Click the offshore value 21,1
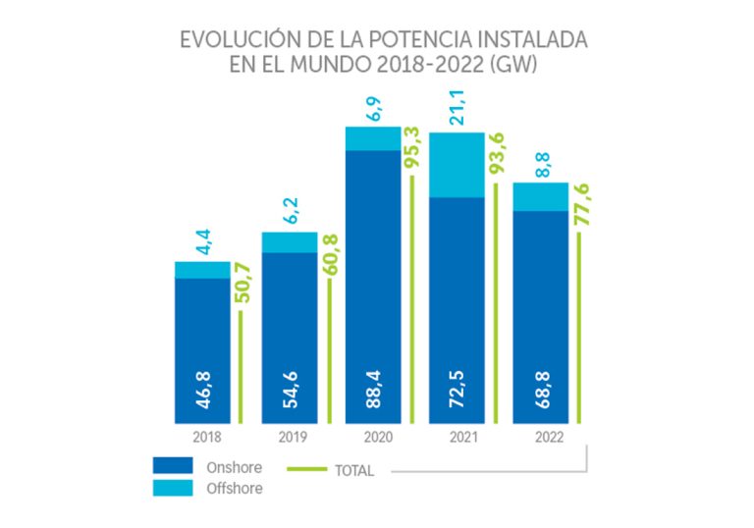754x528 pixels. tap(457, 108)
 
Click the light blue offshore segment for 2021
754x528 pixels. tap(457, 165)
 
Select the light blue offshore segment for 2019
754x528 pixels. tap(290, 242)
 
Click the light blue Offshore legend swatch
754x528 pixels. tap(173, 488)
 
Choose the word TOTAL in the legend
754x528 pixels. tap(353, 471)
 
